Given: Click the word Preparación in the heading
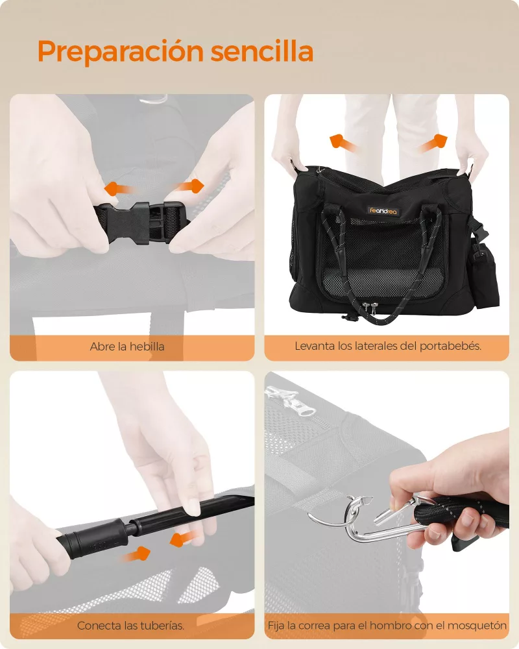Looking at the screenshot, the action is pos(121,52).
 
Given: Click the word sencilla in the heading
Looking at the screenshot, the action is pos(262,51).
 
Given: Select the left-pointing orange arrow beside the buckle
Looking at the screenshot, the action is pos(119,189).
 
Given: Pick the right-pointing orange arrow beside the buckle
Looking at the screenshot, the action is pos(189,186).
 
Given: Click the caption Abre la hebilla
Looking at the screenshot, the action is pos(127,347).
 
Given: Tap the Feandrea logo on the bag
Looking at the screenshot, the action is pos(383,211).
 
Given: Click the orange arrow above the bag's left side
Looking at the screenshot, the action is pos(343,143).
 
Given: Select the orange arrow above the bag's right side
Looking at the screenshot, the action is pos(433,143).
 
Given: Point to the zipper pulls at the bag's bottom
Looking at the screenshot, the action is pos(370,308).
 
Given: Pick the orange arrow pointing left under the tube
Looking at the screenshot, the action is pos(184,539).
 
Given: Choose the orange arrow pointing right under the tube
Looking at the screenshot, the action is pos(137,555).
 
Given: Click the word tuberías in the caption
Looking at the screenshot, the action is pos(162,626).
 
